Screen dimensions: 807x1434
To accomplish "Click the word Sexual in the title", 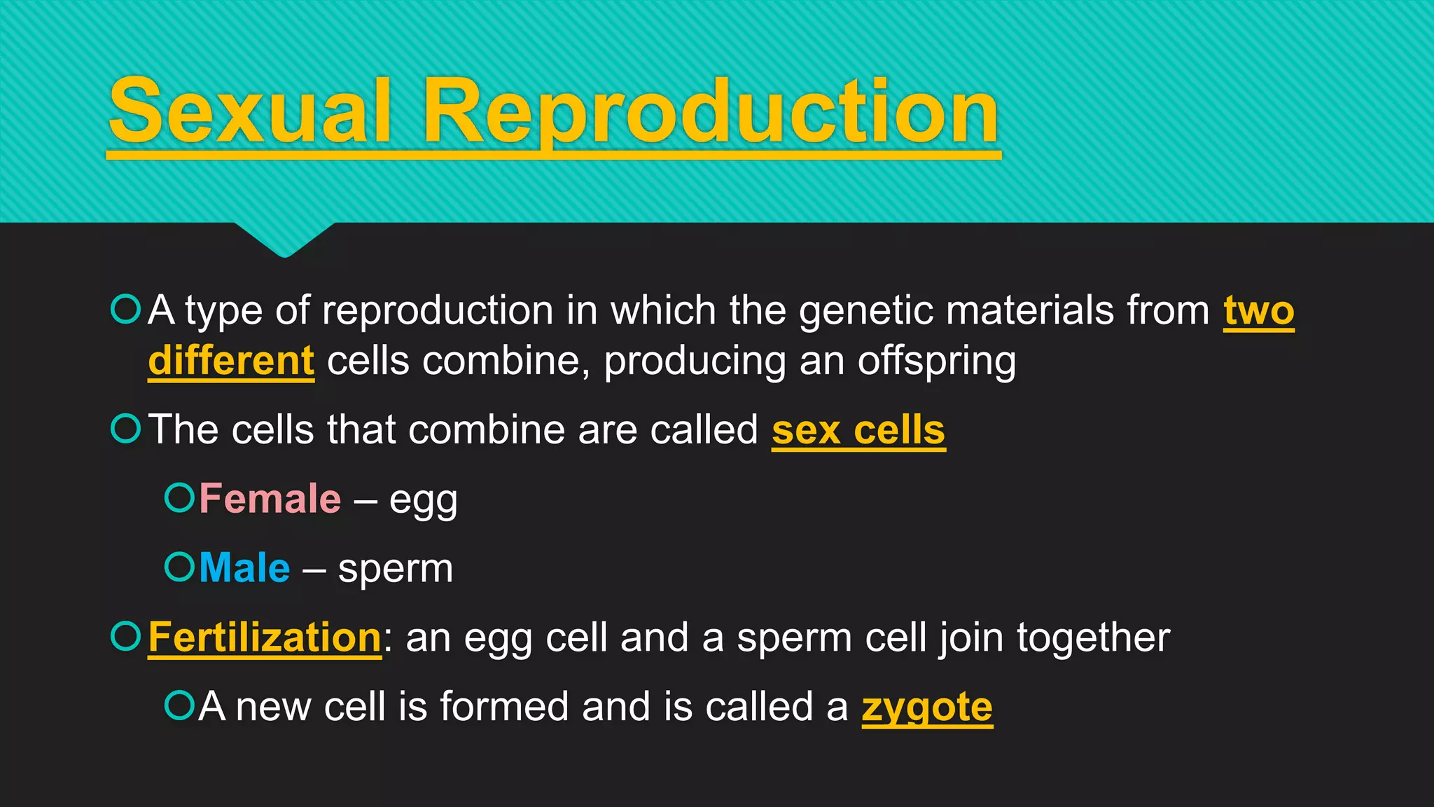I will [x=249, y=112].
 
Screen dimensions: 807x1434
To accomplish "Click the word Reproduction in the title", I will [x=711, y=112].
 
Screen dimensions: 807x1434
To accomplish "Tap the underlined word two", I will [x=1258, y=310].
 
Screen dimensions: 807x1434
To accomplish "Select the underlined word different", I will [x=231, y=361].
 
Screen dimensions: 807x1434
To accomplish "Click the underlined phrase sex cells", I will [x=858, y=429].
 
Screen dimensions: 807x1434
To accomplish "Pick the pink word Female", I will [x=270, y=499].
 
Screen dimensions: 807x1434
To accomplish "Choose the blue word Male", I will [x=244, y=567].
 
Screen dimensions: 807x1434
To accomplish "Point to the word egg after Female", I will [x=423, y=501].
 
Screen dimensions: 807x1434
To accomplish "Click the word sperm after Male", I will [x=396, y=570].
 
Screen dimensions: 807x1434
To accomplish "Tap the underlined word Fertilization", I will [x=265, y=637].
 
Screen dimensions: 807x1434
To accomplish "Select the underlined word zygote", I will [x=926, y=708].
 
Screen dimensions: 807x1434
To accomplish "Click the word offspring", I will [x=937, y=362].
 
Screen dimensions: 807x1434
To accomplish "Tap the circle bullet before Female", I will [x=179, y=497].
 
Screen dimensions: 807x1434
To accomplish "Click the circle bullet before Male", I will [x=179, y=566].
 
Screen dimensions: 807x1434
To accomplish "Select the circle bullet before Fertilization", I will [x=126, y=636].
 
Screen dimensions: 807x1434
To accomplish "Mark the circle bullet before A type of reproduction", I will [x=126, y=309].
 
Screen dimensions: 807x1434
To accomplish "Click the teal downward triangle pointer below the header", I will [x=284, y=238].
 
